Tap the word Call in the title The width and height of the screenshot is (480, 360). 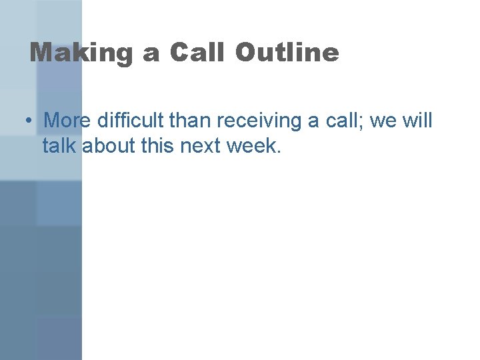(x=197, y=52)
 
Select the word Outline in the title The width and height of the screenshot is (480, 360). (x=287, y=52)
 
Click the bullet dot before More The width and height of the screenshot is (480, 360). (x=29, y=121)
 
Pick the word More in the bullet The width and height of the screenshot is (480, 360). (x=67, y=121)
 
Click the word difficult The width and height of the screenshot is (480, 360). (x=131, y=121)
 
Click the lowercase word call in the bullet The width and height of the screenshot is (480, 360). (x=339, y=121)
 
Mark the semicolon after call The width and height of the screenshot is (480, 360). (x=360, y=123)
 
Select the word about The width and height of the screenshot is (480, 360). (x=106, y=145)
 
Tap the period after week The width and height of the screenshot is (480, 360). (x=279, y=151)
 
